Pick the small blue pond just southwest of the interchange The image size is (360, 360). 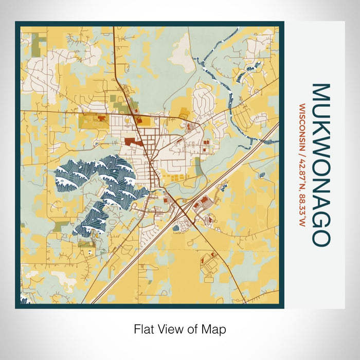(x=176, y=227)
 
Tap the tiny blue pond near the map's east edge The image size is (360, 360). (x=262, y=175)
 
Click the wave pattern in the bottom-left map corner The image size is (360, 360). (x=24, y=299)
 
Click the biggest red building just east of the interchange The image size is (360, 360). (x=202, y=200)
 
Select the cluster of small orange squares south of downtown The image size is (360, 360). (x=175, y=177)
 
